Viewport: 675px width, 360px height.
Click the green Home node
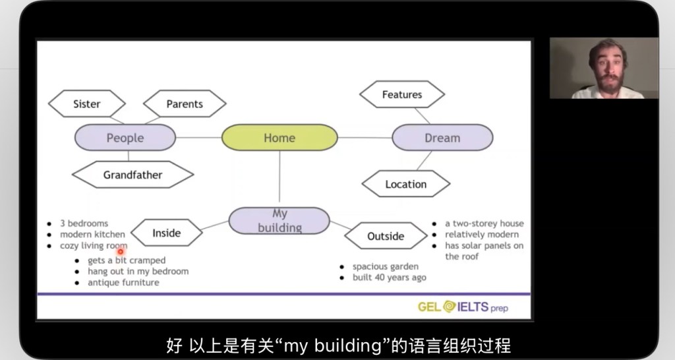[279, 138]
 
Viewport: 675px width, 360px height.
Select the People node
[125, 138]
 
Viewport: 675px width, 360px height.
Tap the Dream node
[442, 138]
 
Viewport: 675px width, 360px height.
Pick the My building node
[279, 220]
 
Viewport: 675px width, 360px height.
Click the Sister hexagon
[87, 104]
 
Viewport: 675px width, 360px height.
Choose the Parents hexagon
[185, 104]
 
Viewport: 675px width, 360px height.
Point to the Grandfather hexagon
[132, 175]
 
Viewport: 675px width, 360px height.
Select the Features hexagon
[402, 94]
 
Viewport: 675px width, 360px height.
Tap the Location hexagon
[406, 184]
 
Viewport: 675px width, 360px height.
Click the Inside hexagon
[166, 233]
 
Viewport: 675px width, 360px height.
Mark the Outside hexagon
[386, 236]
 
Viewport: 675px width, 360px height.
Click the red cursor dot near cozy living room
[121, 251]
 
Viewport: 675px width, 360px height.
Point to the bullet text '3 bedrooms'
[84, 224]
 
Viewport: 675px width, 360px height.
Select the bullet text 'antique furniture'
[123, 282]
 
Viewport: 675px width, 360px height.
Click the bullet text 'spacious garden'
[385, 266]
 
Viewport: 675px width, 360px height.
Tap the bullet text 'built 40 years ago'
[389, 278]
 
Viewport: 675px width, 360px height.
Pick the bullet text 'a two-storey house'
[484, 224]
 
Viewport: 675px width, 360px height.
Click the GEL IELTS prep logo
[463, 307]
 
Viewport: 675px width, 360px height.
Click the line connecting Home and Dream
[365, 138]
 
